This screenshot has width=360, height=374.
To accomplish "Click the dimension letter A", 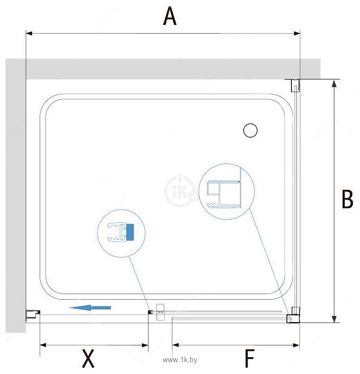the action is click(x=170, y=16).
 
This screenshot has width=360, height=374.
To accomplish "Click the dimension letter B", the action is click(x=347, y=199).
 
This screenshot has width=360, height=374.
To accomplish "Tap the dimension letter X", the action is click(x=88, y=358).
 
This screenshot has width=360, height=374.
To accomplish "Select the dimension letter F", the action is click(x=250, y=359).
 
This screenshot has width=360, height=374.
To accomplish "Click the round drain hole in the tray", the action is click(x=250, y=130).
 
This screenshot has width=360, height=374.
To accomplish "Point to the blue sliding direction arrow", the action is click(x=90, y=308).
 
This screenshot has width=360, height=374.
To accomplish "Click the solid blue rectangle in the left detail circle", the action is click(x=130, y=232).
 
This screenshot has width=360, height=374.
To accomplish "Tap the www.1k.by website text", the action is click(x=180, y=360).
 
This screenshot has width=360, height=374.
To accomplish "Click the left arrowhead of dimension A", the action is click(x=29, y=34).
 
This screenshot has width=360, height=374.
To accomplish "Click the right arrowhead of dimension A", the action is click(x=297, y=34).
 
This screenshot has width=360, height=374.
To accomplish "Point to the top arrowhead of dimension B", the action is click(x=334, y=83).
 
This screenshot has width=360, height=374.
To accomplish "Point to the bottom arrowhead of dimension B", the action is click(x=334, y=319).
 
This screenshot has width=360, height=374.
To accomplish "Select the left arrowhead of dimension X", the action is click(x=43, y=345).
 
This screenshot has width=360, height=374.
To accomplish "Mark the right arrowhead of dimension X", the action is click(x=145, y=345).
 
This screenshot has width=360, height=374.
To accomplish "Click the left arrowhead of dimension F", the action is click(x=175, y=345).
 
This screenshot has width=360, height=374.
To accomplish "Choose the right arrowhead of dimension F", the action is click(x=296, y=345).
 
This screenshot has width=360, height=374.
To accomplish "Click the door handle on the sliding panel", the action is click(x=161, y=312).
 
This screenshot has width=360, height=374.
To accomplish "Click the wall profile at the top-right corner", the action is click(x=295, y=85).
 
